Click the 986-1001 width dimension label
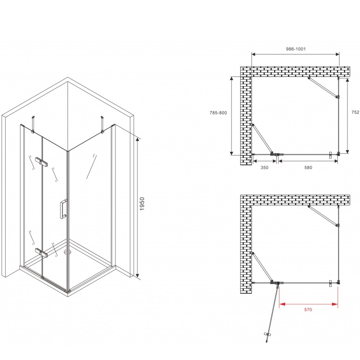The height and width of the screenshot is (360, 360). [296, 49]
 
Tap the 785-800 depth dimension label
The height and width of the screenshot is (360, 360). [218, 113]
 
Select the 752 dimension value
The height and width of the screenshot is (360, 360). [355, 112]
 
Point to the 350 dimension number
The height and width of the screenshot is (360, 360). [265, 167]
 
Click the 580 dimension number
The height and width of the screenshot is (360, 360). [308, 167]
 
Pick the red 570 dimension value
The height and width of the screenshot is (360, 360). [308, 310]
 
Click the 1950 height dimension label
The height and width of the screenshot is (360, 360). [142, 204]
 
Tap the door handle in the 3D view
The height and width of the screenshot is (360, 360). [63, 209]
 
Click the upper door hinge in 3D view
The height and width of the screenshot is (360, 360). [41, 162]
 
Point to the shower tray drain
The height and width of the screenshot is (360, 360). [67, 252]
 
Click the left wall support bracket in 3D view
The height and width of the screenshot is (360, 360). [33, 124]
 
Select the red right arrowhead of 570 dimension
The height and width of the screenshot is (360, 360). [335, 304]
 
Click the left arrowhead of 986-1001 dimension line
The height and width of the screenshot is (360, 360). [254, 54]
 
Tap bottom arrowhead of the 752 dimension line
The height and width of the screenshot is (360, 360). [347, 151]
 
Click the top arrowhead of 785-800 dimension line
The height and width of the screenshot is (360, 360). [231, 79]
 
